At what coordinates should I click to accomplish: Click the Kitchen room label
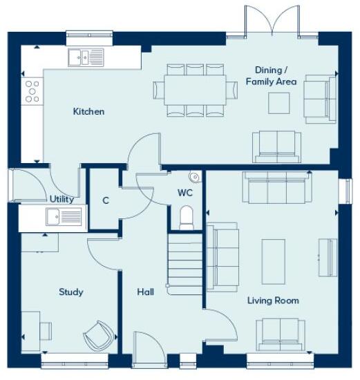tap(88, 111)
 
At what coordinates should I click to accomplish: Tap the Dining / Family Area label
tap(271, 75)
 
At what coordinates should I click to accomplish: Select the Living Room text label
tap(273, 301)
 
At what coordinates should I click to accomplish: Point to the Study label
tap(70, 292)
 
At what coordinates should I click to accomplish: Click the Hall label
tap(145, 292)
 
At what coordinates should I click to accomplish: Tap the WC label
tap(185, 193)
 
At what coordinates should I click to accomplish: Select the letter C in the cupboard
tap(106, 201)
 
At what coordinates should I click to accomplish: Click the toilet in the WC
tap(187, 218)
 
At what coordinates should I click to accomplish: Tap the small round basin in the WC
tap(195, 178)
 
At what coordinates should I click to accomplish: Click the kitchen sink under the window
tap(86, 57)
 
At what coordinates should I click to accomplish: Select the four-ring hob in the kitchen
tap(32, 91)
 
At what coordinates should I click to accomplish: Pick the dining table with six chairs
tap(195, 90)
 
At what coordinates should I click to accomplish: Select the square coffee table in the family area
tap(279, 103)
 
